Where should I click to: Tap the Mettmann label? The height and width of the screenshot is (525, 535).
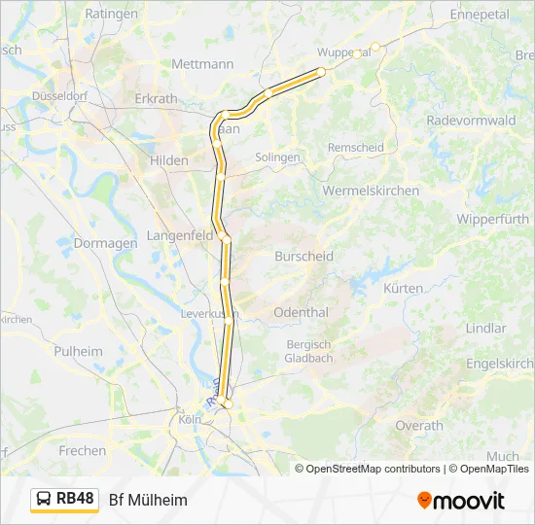202,64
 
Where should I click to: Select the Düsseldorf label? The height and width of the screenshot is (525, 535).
60,96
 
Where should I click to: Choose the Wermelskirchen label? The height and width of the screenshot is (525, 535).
371,191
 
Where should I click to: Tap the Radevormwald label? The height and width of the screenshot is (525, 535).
471,121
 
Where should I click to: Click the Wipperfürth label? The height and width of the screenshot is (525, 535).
491,219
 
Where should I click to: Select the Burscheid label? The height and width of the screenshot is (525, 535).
303,257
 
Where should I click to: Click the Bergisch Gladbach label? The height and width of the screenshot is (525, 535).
309,351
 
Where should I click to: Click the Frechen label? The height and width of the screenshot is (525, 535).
83,451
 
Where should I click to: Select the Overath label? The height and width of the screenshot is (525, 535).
419,426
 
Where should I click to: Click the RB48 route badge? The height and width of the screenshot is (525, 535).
65,500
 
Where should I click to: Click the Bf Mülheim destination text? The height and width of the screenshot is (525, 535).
148,500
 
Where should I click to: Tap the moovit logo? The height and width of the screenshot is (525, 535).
461,501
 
